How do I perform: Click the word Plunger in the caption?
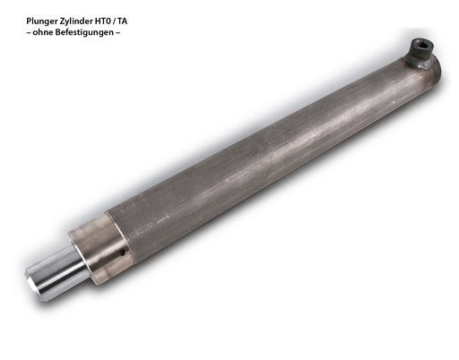click(x=40, y=21)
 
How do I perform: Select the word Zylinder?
click(x=71, y=21)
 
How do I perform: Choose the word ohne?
click(x=43, y=32)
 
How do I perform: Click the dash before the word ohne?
click(x=29, y=32)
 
